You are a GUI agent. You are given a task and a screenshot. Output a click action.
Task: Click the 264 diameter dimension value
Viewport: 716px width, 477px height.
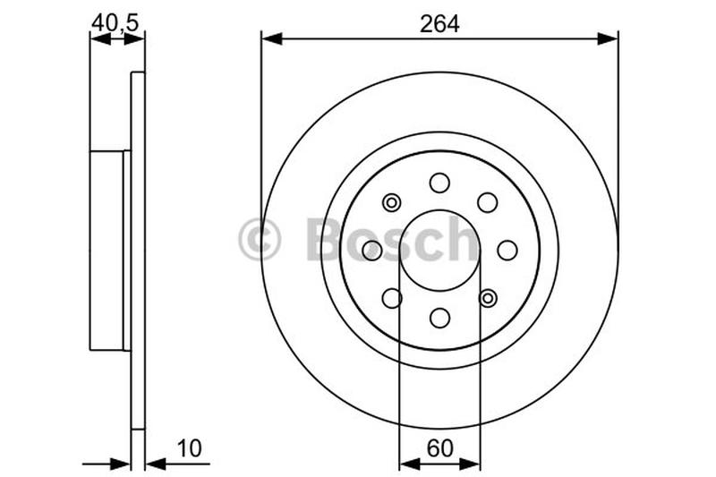(439, 24)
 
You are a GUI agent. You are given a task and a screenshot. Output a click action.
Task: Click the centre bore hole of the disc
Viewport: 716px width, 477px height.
(439, 250)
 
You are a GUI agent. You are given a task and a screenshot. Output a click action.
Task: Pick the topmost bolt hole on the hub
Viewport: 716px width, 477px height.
(439, 183)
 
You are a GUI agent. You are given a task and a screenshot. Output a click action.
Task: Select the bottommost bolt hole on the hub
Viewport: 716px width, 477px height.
(439, 318)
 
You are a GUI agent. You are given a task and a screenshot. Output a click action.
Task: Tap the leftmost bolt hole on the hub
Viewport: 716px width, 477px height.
(371, 251)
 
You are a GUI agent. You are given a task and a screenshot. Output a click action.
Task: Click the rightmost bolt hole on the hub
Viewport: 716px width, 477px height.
(507, 251)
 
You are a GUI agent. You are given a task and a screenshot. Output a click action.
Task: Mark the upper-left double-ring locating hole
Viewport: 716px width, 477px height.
(391, 203)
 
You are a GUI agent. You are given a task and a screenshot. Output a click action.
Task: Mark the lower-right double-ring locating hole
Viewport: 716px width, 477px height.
(488, 298)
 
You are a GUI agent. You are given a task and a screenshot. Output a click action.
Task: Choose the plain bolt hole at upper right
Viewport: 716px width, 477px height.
(488, 202)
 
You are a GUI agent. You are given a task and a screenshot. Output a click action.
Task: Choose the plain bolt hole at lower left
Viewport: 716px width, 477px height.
(391, 298)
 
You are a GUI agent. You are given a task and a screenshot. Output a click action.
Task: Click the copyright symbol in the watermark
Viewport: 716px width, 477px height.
(260, 240)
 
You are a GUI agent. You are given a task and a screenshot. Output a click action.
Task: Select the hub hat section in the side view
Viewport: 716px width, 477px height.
(108, 251)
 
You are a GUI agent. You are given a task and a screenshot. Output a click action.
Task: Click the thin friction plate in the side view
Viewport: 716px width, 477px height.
(138, 251)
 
